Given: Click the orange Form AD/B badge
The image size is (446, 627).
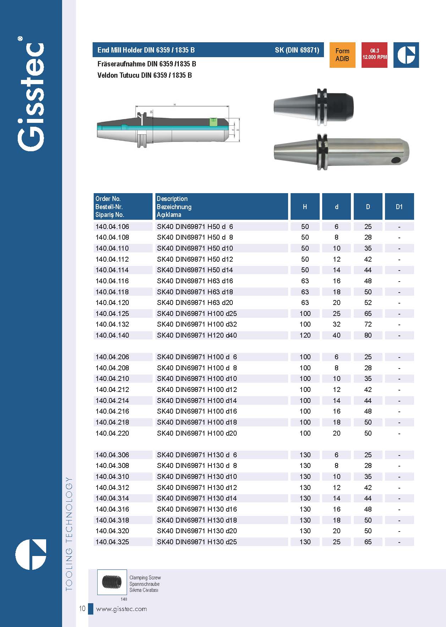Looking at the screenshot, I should pyautogui.click(x=342, y=55).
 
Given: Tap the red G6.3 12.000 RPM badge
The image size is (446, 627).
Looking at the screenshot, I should pyautogui.click(x=374, y=55).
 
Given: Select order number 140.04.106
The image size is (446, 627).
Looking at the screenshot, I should pyautogui.click(x=112, y=227).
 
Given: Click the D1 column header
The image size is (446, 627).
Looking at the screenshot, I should pyautogui.click(x=399, y=207).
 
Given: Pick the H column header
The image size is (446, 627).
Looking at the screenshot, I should pyautogui.click(x=305, y=207).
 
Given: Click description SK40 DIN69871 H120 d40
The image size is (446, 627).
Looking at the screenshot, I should pyautogui.click(x=197, y=335).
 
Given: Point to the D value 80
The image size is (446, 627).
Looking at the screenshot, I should pyautogui.click(x=368, y=335).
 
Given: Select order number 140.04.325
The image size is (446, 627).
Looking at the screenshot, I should pyautogui.click(x=112, y=542).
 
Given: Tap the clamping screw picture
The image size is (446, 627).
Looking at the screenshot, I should pyautogui.click(x=112, y=582).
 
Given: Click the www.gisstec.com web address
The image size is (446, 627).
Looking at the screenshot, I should pyautogui.click(x=121, y=609).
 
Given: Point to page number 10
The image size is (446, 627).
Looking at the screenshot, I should pyautogui.click(x=82, y=609).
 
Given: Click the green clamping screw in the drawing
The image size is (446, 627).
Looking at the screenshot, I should pyautogui.click(x=213, y=121).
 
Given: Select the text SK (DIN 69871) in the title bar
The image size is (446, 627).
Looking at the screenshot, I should pyautogui.click(x=297, y=50).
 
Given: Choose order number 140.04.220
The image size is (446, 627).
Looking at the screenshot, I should pyautogui.click(x=112, y=433).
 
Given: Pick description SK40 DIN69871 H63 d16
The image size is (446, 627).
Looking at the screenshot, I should pyautogui.click(x=195, y=281).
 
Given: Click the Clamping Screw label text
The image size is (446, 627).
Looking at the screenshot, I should pyautogui.click(x=145, y=578).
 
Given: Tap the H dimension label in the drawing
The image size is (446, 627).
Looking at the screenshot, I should pyautogui.click(x=175, y=105).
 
